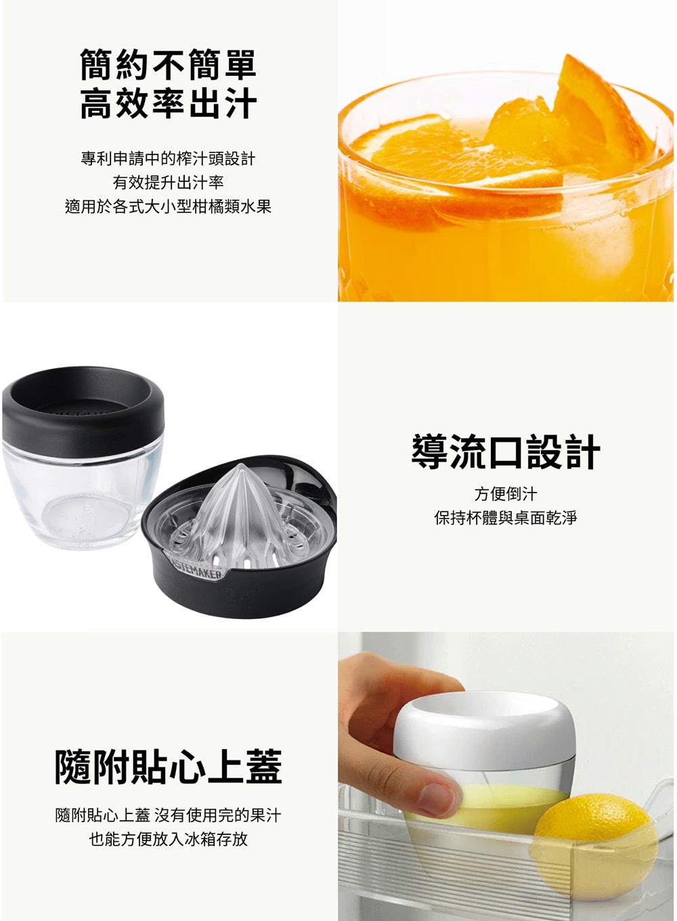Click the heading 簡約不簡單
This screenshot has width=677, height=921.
pyautogui.click(x=168, y=64)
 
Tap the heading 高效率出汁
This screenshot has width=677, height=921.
pyautogui.click(x=168, y=104)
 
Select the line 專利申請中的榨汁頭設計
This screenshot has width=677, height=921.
pyautogui.click(x=168, y=158)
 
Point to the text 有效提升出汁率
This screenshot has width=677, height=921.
pyautogui.click(x=168, y=182)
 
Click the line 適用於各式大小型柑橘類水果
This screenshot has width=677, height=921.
pyautogui.click(x=168, y=206)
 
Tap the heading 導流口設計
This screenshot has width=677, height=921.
pyautogui.click(x=506, y=451)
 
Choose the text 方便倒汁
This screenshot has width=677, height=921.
pyautogui.click(x=506, y=494)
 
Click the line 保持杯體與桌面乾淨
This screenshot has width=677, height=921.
pyautogui.click(x=506, y=518)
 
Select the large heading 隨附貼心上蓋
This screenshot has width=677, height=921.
pyautogui.click(x=168, y=767)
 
